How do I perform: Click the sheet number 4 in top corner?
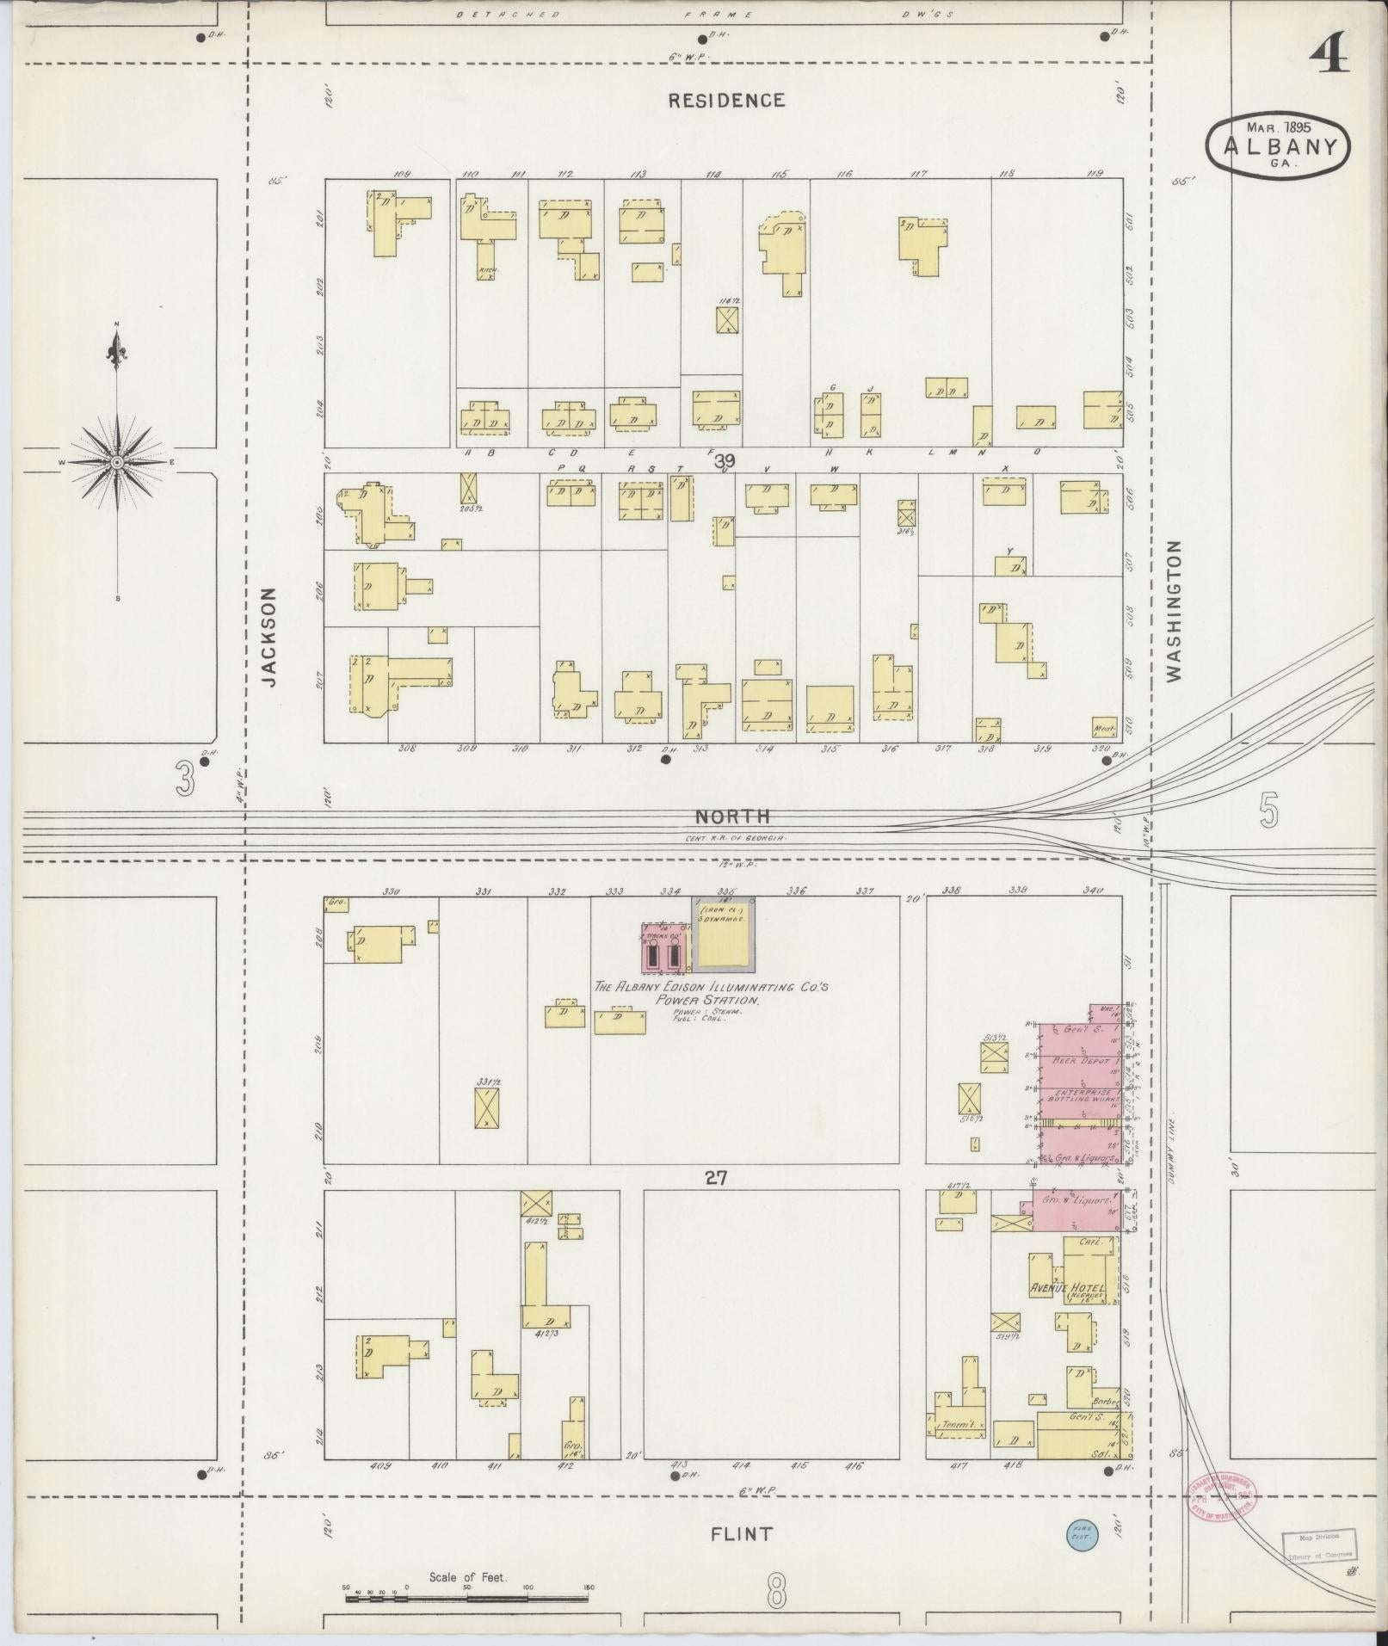pyautogui.click(x=1329, y=59)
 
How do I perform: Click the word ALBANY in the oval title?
pyautogui.click(x=1277, y=145)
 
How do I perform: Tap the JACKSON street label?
pyautogui.click(x=270, y=636)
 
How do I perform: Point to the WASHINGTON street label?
pyautogui.click(x=1175, y=611)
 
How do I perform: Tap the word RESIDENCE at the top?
pyautogui.click(x=726, y=100)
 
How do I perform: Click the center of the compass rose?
pyautogui.click(x=116, y=462)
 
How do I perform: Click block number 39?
pyautogui.click(x=725, y=461)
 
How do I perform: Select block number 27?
pyautogui.click(x=716, y=1178)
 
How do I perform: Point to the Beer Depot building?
pyautogui.click(x=1079, y=1063)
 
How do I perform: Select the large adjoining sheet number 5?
pyautogui.click(x=1268, y=811)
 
